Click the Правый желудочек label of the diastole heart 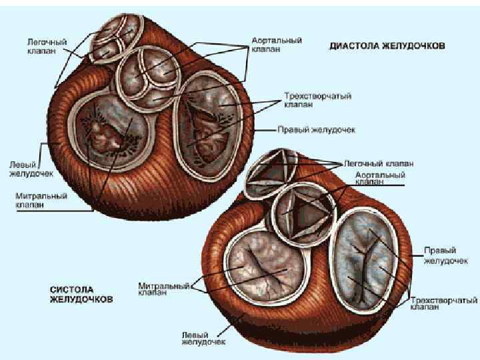[x=316, y=129]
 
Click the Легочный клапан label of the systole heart [x=378, y=163]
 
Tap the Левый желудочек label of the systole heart [x=203, y=337]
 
